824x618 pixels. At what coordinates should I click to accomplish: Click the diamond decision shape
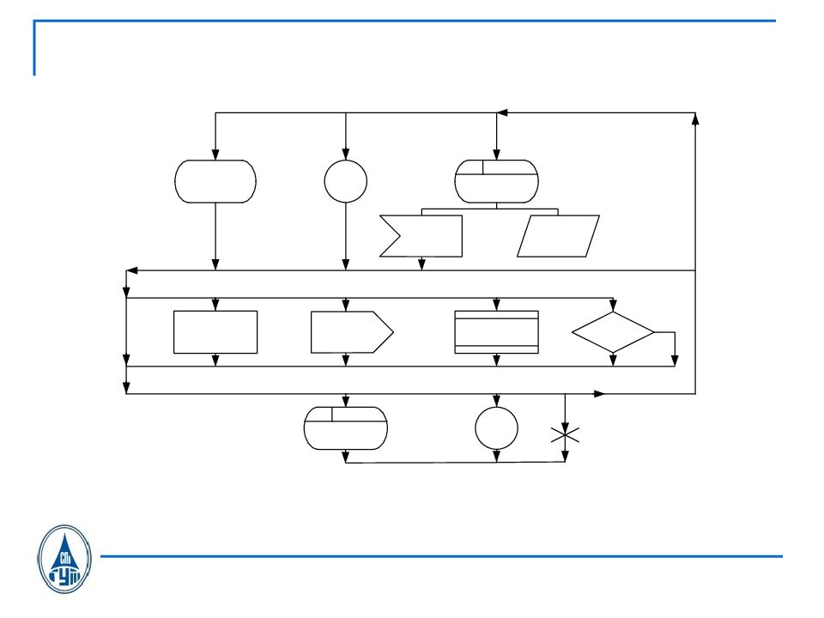(x=613, y=332)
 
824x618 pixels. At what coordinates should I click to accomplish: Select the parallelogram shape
(x=558, y=236)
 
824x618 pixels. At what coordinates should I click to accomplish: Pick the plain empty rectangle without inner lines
(x=215, y=332)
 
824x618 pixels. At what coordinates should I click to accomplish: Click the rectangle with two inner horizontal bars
(x=496, y=332)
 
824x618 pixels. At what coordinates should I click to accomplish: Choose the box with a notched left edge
(x=421, y=236)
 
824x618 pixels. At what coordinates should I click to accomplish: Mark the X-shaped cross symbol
(x=565, y=435)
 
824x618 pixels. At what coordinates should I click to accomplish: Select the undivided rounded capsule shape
(x=215, y=181)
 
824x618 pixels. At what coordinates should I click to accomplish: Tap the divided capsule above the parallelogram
(x=496, y=181)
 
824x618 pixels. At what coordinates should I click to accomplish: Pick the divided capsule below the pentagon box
(x=346, y=427)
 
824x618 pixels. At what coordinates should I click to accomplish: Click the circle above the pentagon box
(x=346, y=181)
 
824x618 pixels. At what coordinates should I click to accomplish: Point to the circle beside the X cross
(x=496, y=427)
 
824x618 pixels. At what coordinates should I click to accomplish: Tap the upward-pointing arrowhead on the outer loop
(x=694, y=118)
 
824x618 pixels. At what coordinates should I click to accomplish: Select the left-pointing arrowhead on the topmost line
(x=503, y=112)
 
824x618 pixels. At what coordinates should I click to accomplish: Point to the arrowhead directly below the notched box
(x=421, y=264)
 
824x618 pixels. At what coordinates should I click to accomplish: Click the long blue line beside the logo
(x=441, y=556)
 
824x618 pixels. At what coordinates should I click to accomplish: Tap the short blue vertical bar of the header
(x=34, y=48)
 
